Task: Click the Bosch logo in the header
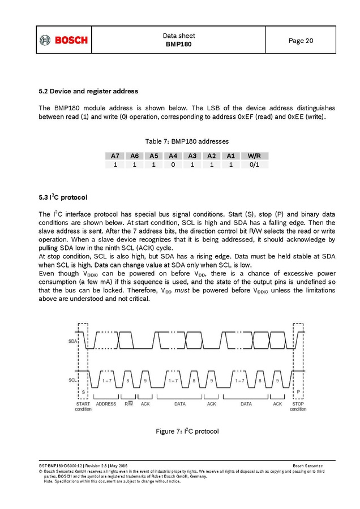(63, 40)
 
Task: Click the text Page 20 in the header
(301, 41)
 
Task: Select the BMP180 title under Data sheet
(178, 44)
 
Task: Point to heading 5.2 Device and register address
(88, 90)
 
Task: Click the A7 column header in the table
(115, 156)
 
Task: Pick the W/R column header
(254, 156)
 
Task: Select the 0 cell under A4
(173, 165)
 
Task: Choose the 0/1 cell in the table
(254, 165)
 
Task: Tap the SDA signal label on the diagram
(72, 342)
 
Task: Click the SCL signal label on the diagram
(72, 381)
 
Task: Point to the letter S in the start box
(84, 391)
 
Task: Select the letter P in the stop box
(298, 391)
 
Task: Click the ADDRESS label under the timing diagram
(106, 404)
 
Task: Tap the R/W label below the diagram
(128, 404)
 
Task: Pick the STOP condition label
(298, 406)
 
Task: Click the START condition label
(83, 406)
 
